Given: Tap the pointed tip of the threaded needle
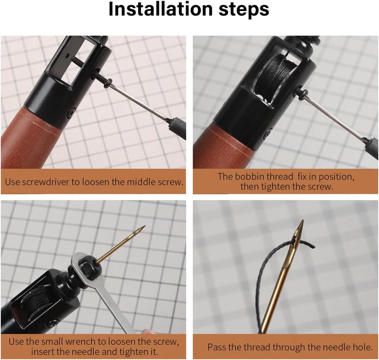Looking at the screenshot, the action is [302, 221].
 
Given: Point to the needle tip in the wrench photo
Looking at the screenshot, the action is [145, 226].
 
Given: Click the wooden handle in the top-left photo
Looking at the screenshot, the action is [31, 138].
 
